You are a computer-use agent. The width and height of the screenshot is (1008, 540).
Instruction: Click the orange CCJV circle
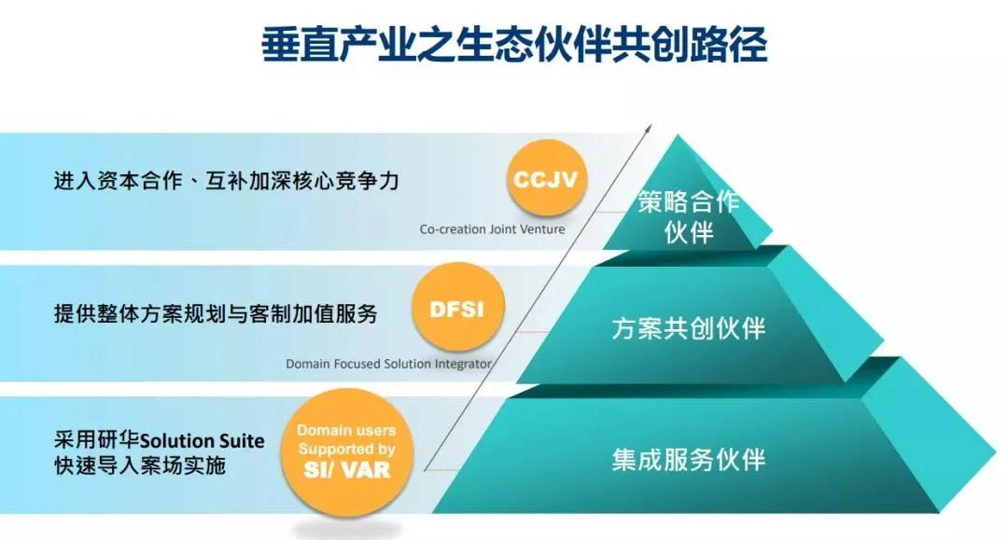(x=546, y=178)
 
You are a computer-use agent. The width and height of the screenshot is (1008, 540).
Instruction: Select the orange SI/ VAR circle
(x=347, y=451)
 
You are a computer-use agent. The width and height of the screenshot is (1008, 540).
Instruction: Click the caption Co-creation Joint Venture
(x=493, y=229)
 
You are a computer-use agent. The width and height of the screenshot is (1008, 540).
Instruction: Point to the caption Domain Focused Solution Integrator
(x=389, y=364)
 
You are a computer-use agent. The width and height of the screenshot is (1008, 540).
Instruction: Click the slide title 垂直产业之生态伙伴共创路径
(x=514, y=45)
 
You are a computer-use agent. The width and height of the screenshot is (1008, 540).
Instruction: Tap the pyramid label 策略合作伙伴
(x=689, y=216)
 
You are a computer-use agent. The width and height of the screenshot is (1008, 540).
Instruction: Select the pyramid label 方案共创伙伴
(x=689, y=328)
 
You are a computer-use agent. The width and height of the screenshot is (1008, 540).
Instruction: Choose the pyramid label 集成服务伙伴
(x=689, y=460)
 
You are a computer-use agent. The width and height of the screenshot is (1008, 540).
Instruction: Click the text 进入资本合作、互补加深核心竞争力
(x=226, y=181)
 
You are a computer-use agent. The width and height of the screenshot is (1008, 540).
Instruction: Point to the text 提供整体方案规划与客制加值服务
(x=216, y=314)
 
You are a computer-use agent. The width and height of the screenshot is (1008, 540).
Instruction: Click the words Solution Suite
(x=202, y=441)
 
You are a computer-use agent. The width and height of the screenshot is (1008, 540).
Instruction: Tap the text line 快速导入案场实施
(x=139, y=465)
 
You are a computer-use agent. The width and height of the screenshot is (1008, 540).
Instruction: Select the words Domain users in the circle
(x=346, y=430)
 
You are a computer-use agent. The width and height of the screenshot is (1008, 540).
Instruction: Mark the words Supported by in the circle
(x=346, y=449)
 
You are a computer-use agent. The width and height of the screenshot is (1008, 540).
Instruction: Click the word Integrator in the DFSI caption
(x=463, y=364)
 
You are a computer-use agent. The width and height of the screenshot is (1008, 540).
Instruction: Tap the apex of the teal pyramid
(x=678, y=135)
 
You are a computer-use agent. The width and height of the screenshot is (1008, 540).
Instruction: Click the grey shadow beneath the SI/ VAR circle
(x=347, y=529)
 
